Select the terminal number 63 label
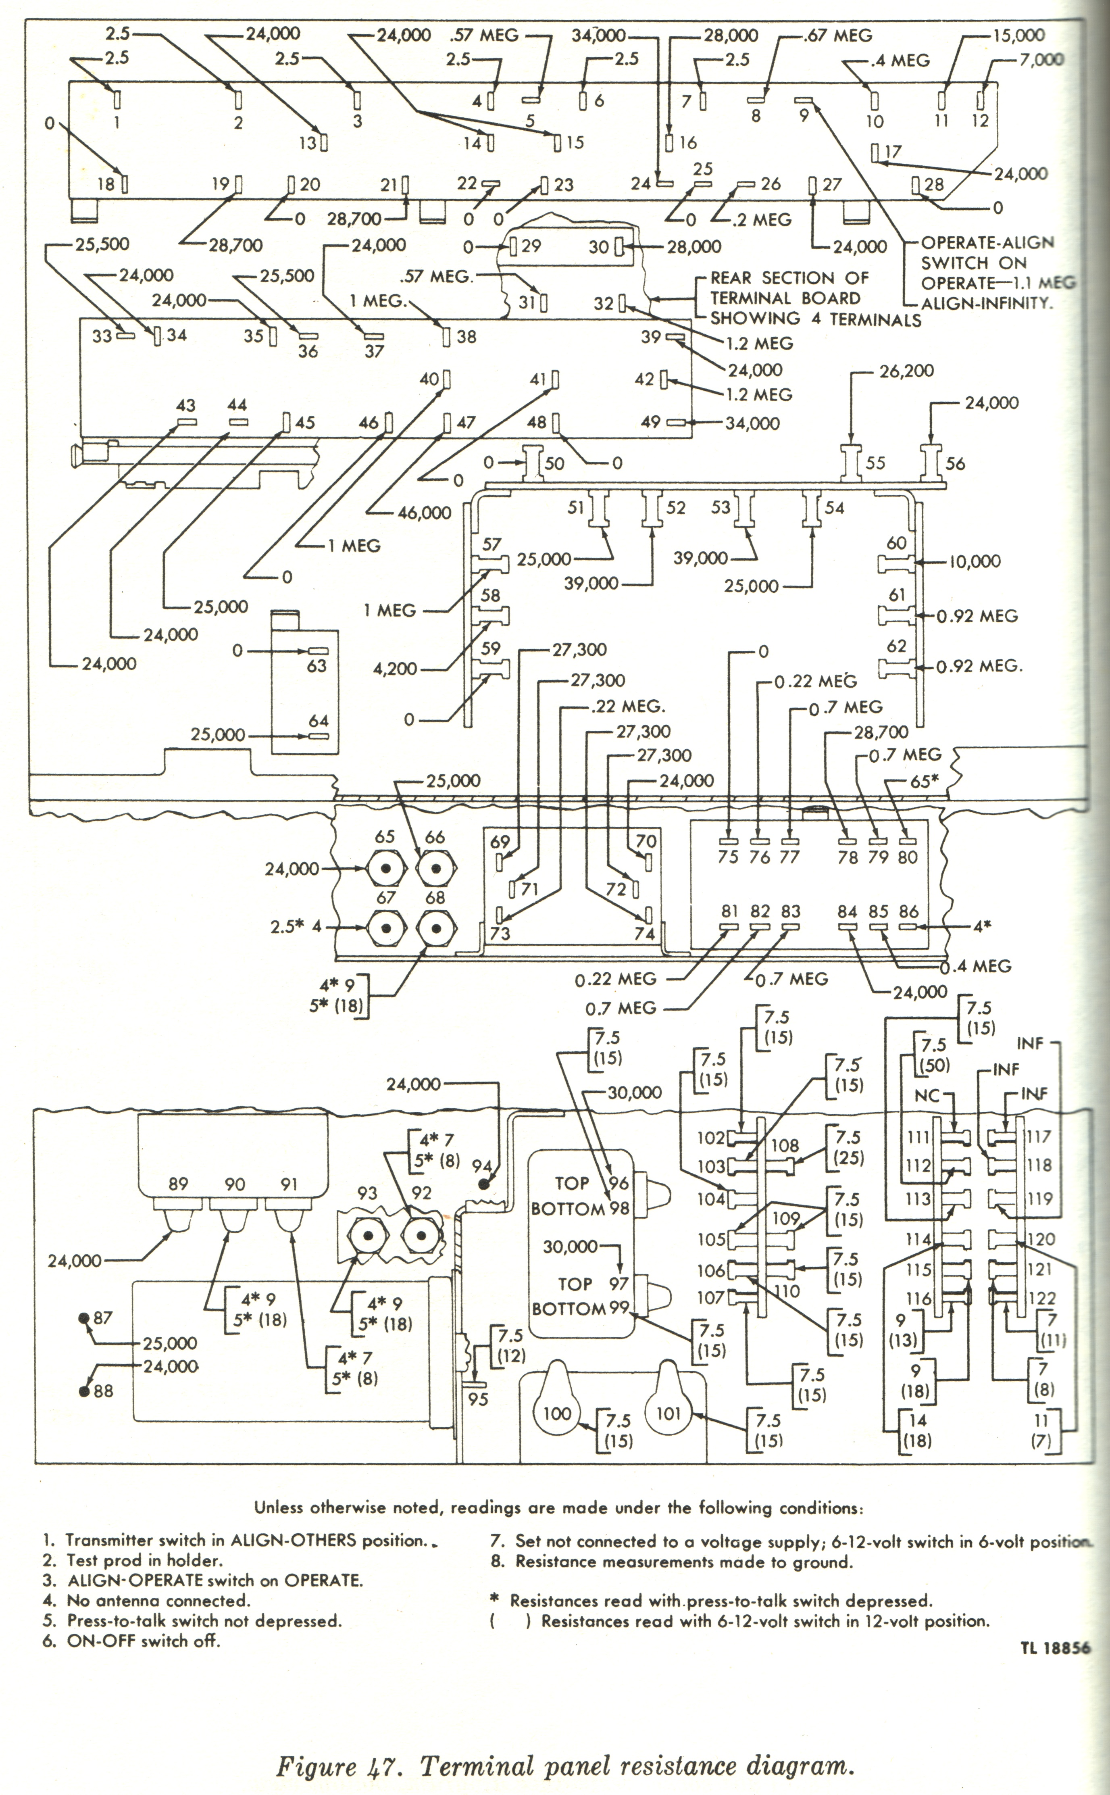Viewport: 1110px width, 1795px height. click(x=317, y=666)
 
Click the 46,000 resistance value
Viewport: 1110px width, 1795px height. click(x=424, y=513)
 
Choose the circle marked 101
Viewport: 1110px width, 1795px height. click(x=668, y=1413)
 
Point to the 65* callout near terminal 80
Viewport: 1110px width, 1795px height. click(x=924, y=781)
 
